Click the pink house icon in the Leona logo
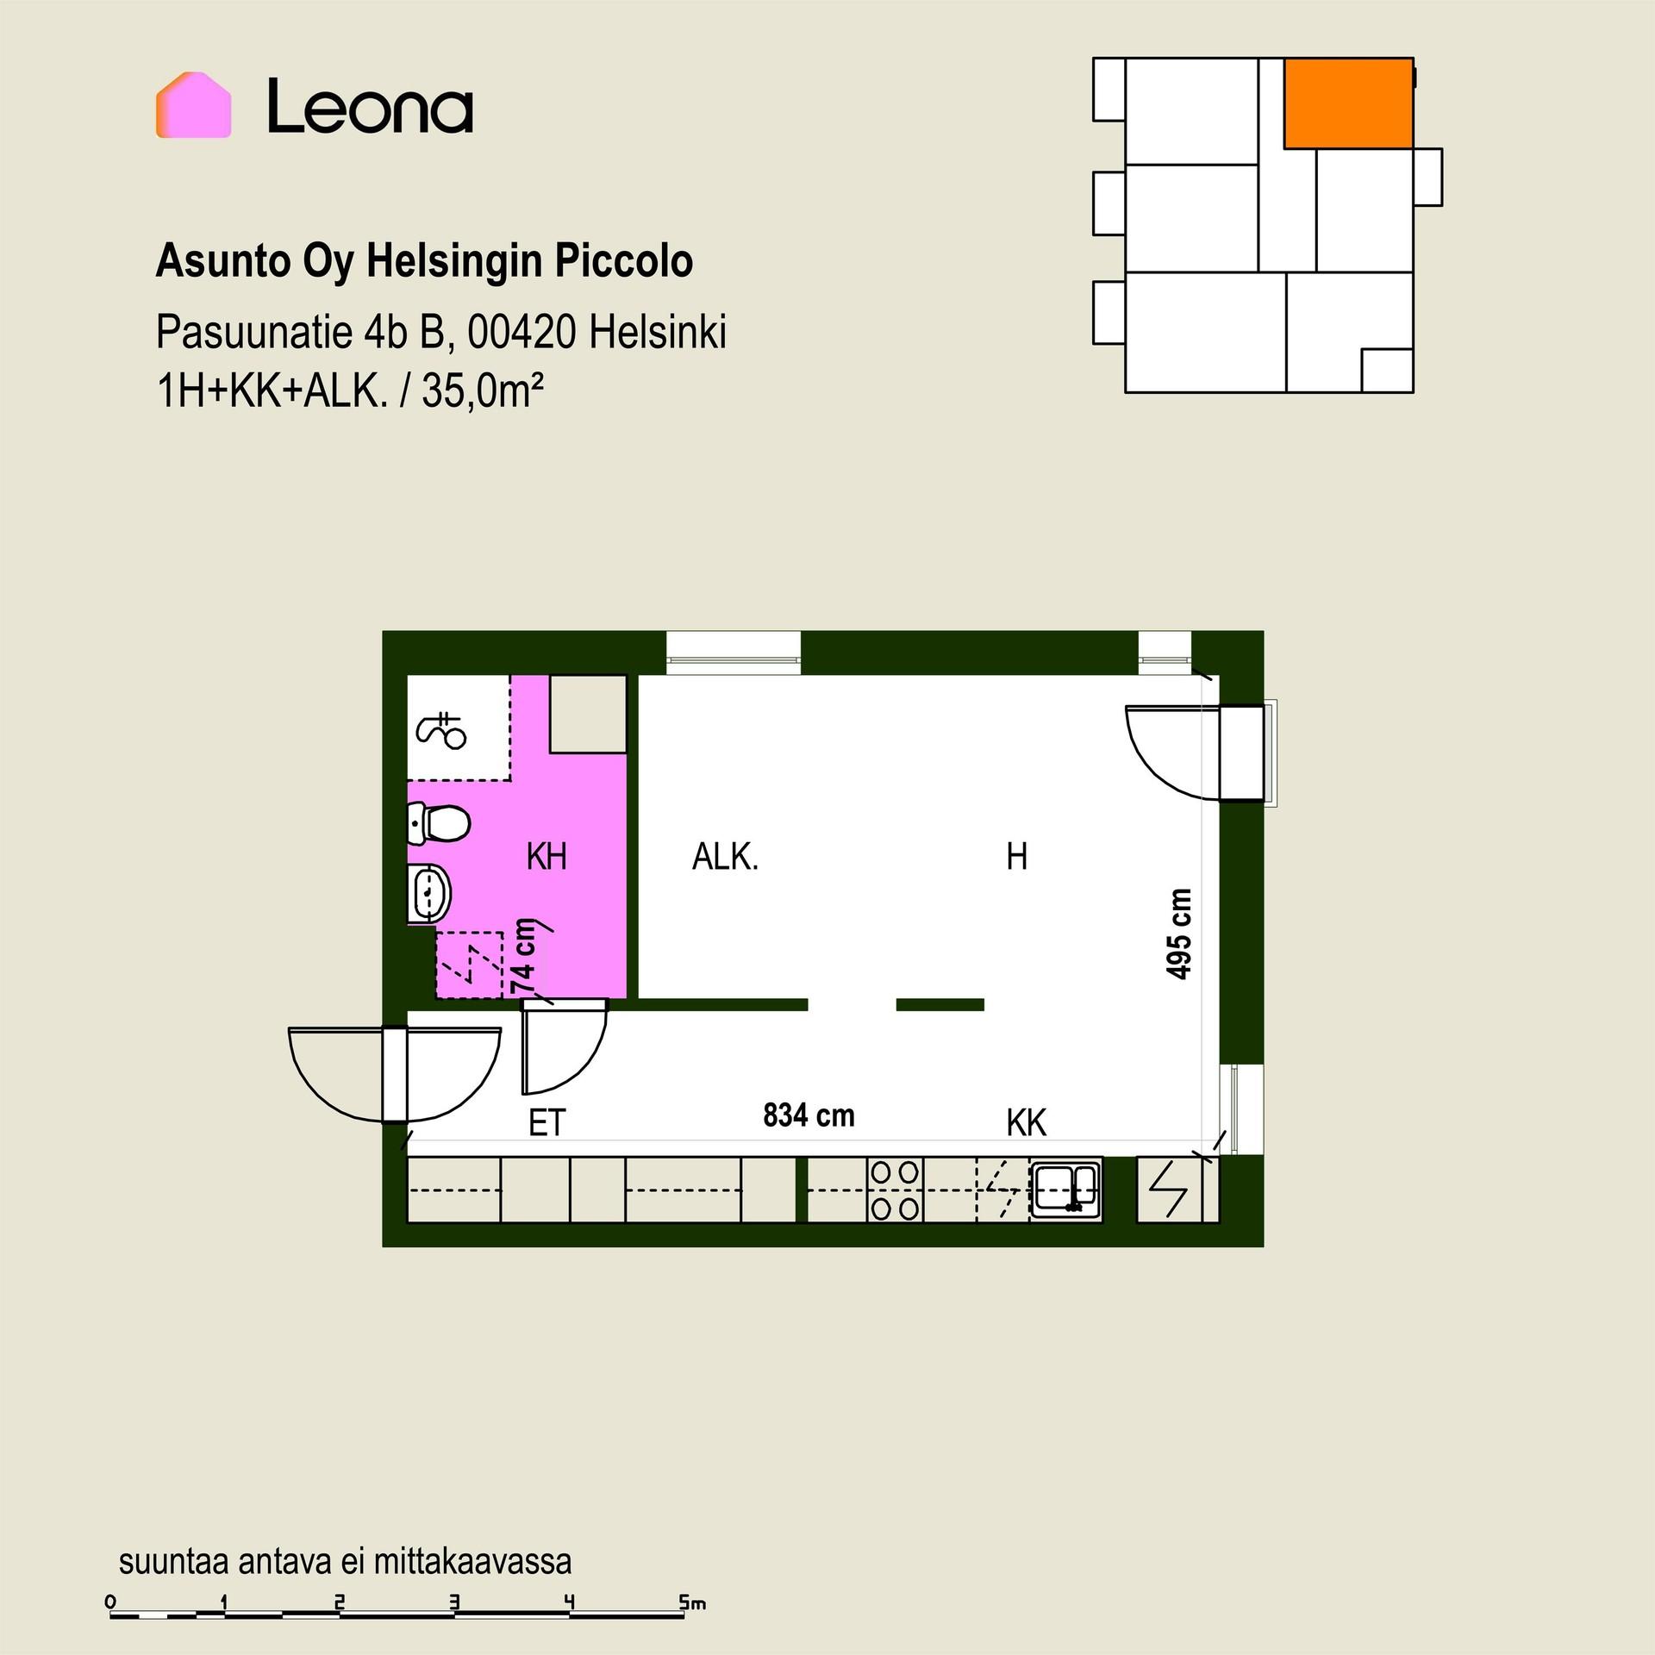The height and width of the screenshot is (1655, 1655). click(x=193, y=105)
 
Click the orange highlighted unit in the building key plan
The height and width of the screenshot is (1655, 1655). click(x=1348, y=103)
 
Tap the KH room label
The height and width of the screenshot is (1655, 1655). click(x=546, y=857)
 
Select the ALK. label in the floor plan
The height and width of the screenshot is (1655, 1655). click(x=725, y=857)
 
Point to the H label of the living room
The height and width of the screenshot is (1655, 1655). click(x=1017, y=857)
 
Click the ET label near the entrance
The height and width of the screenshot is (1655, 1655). click(x=546, y=1123)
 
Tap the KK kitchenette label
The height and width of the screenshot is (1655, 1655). click(x=1027, y=1123)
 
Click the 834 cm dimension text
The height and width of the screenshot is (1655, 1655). click(x=809, y=1115)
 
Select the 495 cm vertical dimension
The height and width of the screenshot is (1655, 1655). click(x=1178, y=934)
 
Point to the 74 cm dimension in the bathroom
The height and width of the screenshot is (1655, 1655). click(x=523, y=956)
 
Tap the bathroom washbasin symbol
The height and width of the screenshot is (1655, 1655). click(x=429, y=893)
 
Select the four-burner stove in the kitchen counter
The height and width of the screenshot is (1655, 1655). click(x=895, y=1190)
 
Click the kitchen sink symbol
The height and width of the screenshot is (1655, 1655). click(x=1066, y=1190)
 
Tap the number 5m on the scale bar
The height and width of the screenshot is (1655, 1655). click(x=692, y=1602)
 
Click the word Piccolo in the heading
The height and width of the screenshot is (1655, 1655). click(x=623, y=261)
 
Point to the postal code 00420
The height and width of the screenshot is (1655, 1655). click(x=521, y=332)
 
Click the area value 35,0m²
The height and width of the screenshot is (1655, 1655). click(x=483, y=392)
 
